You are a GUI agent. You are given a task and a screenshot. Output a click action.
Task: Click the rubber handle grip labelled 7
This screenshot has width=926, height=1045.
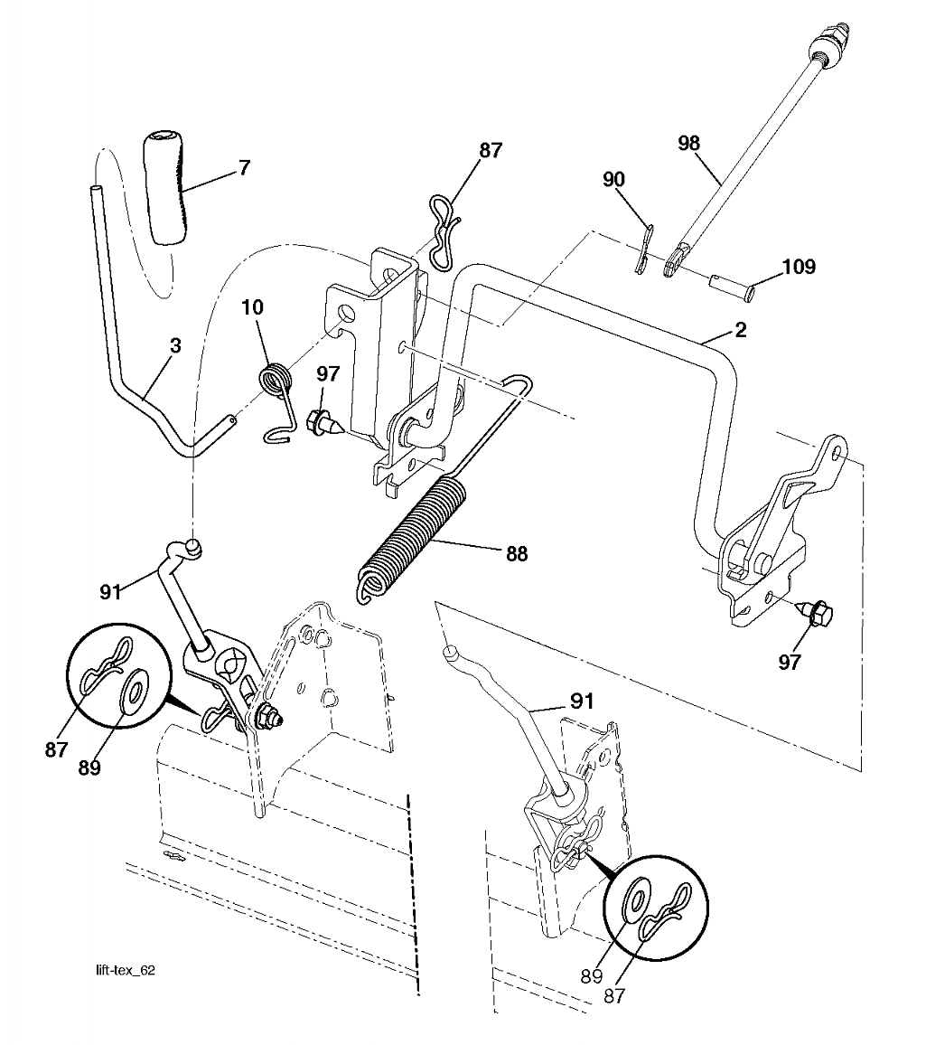164,190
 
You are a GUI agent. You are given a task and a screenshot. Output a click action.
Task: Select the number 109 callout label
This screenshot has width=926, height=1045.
798,267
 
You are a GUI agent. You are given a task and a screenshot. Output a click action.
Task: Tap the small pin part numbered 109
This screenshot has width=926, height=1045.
731,287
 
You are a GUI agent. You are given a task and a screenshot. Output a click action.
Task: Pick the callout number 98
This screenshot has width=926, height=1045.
688,144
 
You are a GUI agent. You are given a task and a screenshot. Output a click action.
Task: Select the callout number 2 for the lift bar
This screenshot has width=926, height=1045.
740,330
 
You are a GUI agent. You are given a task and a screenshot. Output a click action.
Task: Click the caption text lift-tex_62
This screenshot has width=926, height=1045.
126,970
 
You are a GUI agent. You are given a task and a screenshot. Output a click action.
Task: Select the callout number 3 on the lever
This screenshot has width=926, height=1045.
175,345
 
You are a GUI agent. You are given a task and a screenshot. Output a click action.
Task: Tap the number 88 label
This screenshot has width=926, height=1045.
516,554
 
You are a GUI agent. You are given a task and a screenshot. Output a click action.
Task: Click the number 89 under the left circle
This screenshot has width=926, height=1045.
89,767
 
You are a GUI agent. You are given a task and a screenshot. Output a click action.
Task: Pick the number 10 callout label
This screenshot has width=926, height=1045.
252,307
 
